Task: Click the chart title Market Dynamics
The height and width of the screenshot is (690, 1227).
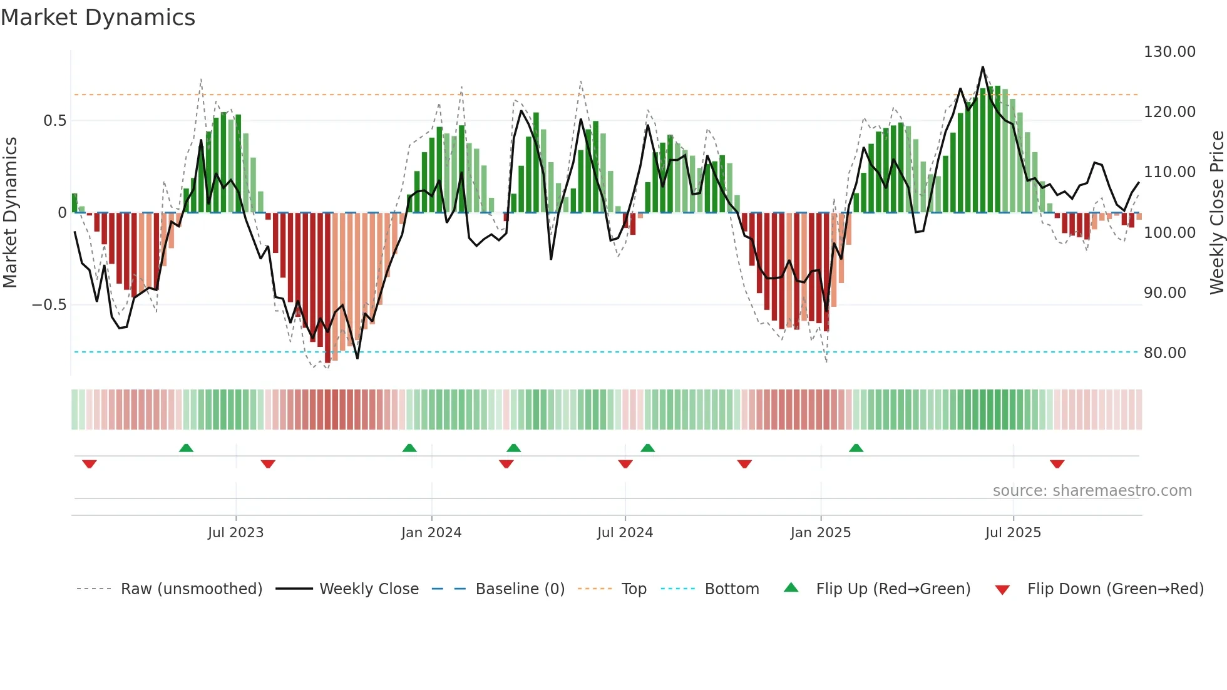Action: [98, 18]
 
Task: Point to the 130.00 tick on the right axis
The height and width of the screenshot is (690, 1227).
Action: [1169, 52]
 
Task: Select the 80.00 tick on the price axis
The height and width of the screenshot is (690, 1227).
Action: [1164, 353]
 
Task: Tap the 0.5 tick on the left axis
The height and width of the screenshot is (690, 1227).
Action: [54, 121]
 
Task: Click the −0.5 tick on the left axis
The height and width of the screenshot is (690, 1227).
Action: [49, 305]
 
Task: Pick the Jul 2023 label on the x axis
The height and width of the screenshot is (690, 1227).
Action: [235, 533]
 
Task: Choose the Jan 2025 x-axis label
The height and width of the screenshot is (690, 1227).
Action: [820, 533]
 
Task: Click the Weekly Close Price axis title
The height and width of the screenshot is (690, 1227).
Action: [1216, 212]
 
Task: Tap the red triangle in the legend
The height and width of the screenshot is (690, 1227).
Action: [1002, 590]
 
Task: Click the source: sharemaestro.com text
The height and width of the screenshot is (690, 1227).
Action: [1092, 491]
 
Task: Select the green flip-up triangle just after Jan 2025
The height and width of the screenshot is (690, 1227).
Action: [856, 448]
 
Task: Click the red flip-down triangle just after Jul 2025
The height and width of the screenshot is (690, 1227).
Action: [1057, 464]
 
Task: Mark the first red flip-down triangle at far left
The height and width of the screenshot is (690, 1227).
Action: [90, 464]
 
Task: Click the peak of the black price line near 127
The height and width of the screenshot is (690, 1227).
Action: [982, 67]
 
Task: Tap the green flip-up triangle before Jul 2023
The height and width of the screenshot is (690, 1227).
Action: [186, 448]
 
